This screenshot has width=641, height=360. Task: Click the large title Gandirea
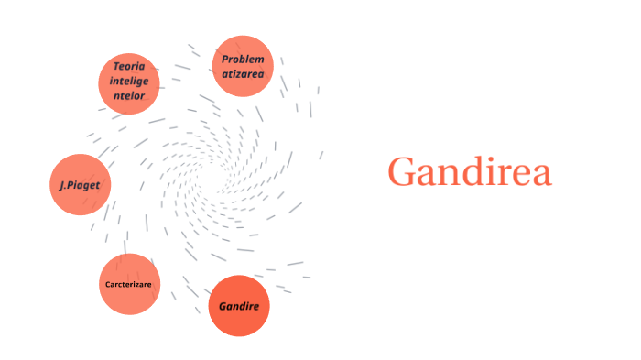point(469,172)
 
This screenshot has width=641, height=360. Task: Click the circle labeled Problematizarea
point(243,66)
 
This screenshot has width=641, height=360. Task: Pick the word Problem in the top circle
point(243,60)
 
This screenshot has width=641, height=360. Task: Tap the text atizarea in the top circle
point(243,73)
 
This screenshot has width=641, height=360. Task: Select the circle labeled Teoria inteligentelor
point(129,82)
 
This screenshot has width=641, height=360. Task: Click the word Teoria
point(130,66)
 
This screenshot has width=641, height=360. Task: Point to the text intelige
point(129,81)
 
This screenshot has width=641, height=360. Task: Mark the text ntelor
point(129,95)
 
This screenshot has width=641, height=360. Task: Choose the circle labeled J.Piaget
point(79,184)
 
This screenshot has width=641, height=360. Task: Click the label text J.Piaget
point(79,184)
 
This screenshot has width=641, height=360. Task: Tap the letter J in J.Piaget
point(61,184)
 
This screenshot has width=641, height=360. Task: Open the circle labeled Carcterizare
point(129,284)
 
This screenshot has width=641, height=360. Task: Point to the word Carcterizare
point(129,284)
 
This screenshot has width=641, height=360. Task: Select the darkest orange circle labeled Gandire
point(239,305)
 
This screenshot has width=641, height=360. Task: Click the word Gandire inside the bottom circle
point(239,305)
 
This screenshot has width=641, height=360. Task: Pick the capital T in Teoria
point(116,66)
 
